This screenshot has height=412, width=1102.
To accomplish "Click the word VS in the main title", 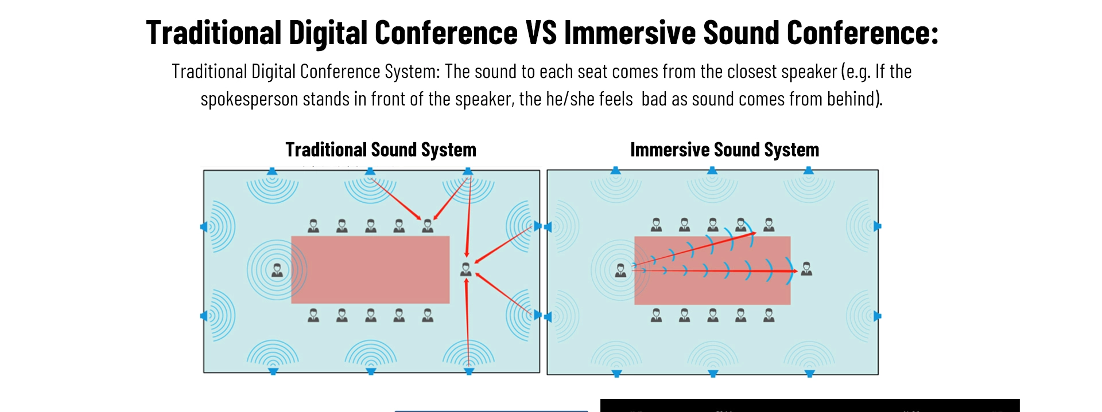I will [541, 33].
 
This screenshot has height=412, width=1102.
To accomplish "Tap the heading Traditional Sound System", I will [381, 150].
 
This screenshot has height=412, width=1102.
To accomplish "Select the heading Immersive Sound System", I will [724, 150].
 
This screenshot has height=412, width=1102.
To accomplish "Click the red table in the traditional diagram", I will [370, 269].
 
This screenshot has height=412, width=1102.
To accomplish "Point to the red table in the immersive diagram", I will [712, 287].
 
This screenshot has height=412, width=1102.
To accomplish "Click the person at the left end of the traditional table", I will [277, 269].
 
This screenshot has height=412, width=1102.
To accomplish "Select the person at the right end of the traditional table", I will [466, 269].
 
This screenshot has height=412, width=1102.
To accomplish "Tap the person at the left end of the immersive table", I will [620, 270].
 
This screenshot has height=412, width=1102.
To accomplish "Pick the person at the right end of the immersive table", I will [806, 268].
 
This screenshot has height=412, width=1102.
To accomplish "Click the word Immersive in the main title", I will [630, 33].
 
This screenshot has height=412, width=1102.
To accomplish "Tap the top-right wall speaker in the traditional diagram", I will [468, 171].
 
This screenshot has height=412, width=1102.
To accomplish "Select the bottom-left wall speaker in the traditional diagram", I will [273, 371].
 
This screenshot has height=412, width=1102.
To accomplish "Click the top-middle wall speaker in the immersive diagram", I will [712, 171].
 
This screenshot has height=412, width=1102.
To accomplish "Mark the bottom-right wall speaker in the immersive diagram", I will [810, 374].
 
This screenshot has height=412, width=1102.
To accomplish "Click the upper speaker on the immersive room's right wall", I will [877, 226].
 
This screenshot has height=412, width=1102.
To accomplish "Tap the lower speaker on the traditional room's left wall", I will [204, 316].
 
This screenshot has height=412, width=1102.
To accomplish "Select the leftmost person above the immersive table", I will [656, 225].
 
